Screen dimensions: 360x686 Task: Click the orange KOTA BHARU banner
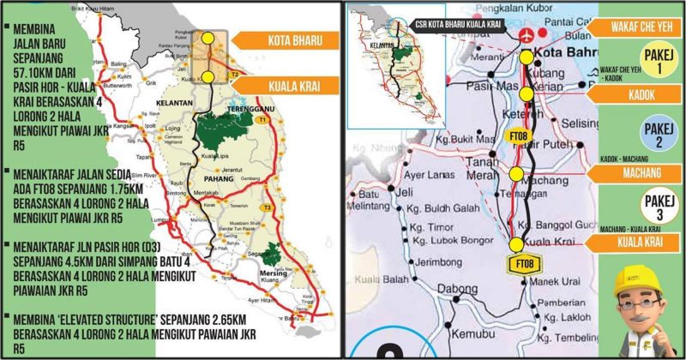point(290,40)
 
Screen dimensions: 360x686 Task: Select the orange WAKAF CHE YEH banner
point(639,28)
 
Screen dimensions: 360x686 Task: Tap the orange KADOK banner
point(639,92)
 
